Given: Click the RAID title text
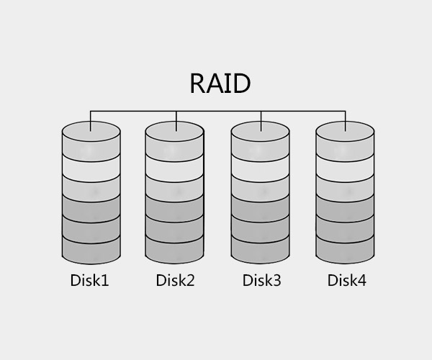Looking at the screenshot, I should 220,84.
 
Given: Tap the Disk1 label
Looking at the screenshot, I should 90,280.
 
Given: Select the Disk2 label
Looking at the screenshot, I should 175,280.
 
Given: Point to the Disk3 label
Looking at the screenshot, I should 261,280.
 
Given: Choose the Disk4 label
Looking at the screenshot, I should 346,280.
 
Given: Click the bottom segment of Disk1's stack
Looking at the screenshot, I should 91,251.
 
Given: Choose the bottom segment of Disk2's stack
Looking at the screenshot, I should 176,251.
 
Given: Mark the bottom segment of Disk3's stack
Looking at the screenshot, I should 261,251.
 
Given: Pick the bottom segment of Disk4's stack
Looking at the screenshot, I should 346,251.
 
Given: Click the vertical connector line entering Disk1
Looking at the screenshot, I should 91,120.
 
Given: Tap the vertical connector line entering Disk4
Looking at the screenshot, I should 346,120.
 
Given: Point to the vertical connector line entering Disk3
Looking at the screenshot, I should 261,120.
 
